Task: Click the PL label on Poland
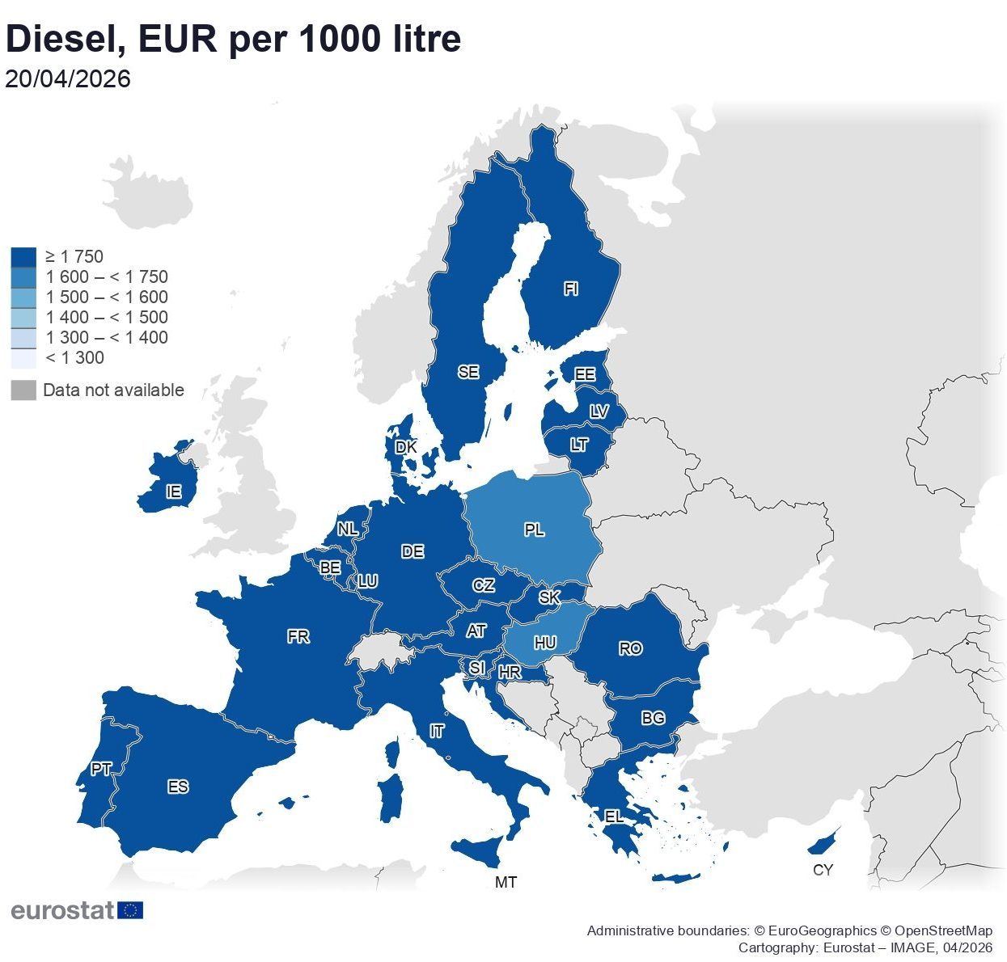point(534,530)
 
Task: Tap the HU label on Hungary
point(545,643)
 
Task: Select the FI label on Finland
point(571,289)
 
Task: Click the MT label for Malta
point(506,882)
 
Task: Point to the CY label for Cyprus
point(823,870)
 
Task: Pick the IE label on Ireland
point(173,492)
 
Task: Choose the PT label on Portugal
point(101,770)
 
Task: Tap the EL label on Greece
point(614,816)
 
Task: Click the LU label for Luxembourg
point(367,581)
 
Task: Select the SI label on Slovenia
point(477,669)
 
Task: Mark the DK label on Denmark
point(406,447)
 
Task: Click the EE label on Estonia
point(584,374)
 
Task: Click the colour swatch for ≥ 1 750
point(23,257)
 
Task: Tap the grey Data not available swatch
point(23,390)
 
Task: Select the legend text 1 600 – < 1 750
point(107,277)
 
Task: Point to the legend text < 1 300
point(74,358)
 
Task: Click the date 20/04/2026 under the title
point(68,79)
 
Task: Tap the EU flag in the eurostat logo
point(130,910)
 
